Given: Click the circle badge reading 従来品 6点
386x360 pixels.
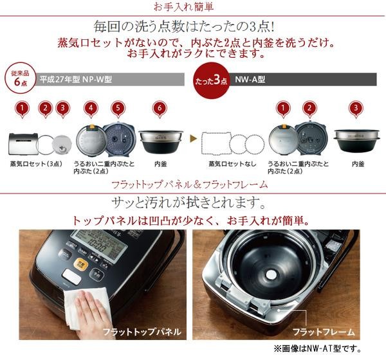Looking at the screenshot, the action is [x=21, y=78].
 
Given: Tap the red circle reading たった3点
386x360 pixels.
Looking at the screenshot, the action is [x=212, y=80].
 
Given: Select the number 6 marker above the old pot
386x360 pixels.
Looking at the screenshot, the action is [x=160, y=109].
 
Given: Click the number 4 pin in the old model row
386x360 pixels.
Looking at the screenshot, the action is [x=91, y=109].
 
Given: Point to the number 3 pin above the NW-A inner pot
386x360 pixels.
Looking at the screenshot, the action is [x=356, y=109].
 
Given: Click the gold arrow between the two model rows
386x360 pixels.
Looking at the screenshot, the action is [x=193, y=139].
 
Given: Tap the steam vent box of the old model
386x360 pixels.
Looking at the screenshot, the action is [x=23, y=144].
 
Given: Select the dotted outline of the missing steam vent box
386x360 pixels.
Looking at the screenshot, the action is [x=216, y=144].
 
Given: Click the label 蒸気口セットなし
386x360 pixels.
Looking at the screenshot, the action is [x=232, y=164].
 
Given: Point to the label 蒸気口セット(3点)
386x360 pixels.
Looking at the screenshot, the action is [x=36, y=164].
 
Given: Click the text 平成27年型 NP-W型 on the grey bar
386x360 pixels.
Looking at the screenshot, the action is [x=76, y=80].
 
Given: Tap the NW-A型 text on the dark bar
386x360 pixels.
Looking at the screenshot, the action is [x=250, y=80].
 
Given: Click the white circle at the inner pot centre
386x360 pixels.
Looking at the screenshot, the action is [x=270, y=274].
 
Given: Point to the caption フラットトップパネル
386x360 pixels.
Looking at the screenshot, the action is [x=142, y=332].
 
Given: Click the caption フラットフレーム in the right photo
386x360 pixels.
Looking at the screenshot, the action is [x=324, y=332].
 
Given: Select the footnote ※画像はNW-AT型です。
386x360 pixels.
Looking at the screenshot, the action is [x=318, y=348].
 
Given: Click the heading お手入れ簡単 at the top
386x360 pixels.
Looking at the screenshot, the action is [x=183, y=6].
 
